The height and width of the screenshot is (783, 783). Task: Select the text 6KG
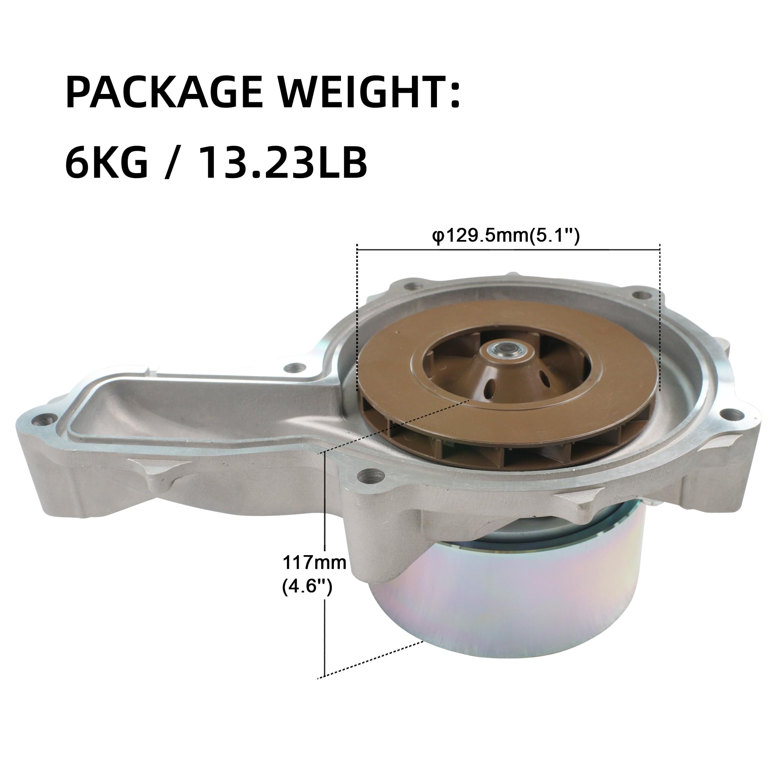pyautogui.click(x=106, y=163)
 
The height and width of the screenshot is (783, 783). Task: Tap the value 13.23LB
pyautogui.click(x=283, y=163)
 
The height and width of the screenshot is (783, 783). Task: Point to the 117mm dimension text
pyautogui.click(x=314, y=563)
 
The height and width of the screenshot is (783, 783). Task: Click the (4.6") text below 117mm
pyautogui.click(x=307, y=586)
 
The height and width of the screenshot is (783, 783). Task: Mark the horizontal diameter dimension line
pyautogui.click(x=508, y=250)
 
